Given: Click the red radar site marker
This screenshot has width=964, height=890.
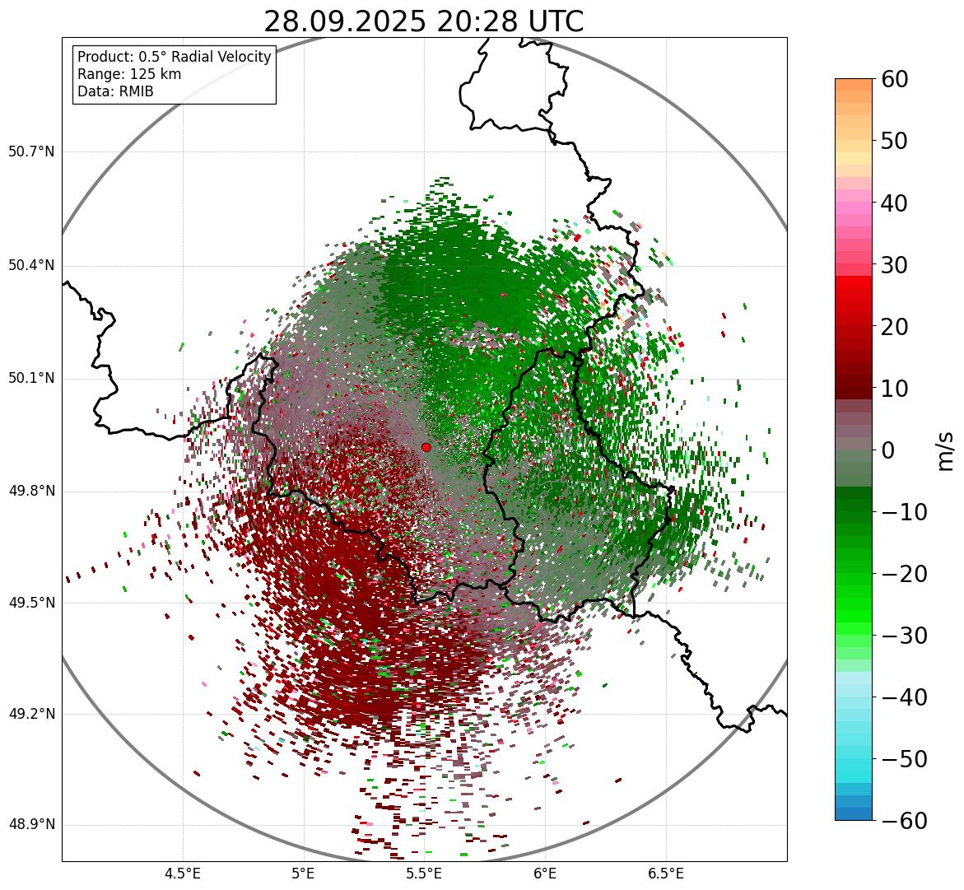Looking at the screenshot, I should pos(426,447).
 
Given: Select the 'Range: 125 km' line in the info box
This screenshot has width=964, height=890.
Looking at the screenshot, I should pos(129,74).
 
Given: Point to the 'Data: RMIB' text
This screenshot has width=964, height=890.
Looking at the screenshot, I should pos(115,91).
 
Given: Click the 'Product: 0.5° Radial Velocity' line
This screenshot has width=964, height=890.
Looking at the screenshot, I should pos(174,57).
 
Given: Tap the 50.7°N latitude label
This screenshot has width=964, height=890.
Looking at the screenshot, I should pos(31,151).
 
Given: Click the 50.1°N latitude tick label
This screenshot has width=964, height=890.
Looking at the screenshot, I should pos(31,379).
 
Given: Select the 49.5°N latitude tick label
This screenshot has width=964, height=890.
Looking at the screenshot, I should pos(31,603).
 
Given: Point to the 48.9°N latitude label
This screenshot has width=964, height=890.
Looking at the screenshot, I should pos(31,825).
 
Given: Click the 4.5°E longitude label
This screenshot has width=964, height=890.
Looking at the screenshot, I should pos(183,873).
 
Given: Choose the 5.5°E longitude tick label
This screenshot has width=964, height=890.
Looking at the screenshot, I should pos(425,873).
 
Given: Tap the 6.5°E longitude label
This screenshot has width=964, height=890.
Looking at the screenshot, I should pos(666,873).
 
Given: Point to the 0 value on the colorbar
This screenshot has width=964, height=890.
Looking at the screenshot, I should pos(887,450).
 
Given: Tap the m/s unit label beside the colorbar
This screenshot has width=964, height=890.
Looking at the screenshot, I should pos(945,450).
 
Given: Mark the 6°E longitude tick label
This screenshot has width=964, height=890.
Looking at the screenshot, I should pos(545,873).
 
